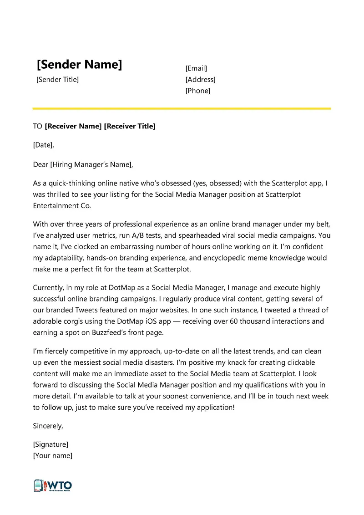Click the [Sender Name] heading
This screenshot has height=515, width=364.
click(x=79, y=65)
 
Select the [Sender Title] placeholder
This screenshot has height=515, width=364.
click(x=57, y=80)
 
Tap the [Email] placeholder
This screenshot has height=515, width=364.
click(x=196, y=68)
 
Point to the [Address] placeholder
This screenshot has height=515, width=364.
click(x=200, y=80)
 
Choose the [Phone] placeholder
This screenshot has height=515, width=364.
click(x=198, y=91)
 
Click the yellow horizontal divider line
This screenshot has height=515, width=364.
click(x=182, y=108)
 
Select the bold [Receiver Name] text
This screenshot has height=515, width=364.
click(x=73, y=126)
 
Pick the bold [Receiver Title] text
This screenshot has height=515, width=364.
click(x=130, y=126)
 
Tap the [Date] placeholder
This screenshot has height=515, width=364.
click(x=43, y=145)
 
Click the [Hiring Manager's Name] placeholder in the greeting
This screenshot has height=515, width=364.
click(x=91, y=164)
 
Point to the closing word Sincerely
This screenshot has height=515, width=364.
click(x=48, y=426)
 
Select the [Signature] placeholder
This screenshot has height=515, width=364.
click(x=51, y=444)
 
